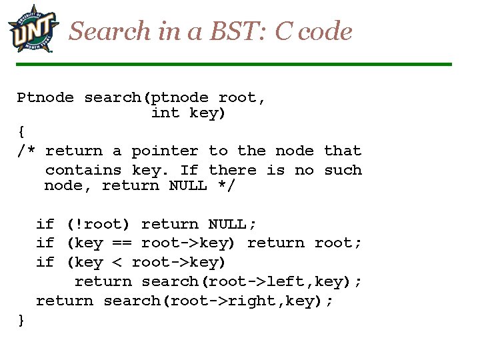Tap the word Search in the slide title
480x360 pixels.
111,31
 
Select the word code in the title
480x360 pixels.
324,31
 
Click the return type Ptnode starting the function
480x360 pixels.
45,98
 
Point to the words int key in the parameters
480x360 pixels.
189,113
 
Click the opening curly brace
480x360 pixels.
21,132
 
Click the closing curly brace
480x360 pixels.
21,320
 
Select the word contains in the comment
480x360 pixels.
83,170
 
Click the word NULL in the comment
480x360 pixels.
188,185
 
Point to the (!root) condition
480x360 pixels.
98,224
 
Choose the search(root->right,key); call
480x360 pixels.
219,301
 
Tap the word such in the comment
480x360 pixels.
343,170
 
